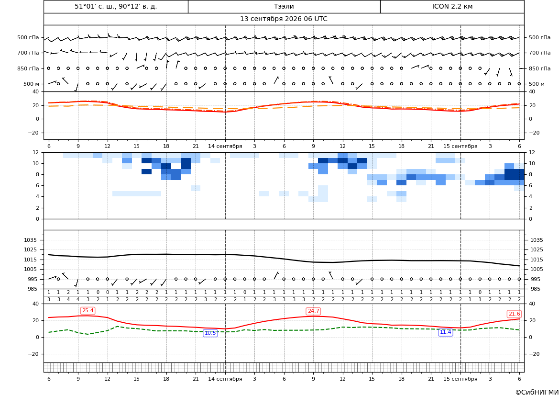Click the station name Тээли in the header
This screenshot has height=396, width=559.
(x=284, y=6)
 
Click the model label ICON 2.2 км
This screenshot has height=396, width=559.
(x=452, y=6)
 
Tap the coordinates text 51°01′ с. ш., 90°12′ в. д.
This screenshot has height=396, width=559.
(x=116, y=6)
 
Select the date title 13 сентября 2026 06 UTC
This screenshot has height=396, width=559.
(x=284, y=19)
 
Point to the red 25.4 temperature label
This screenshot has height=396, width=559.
(x=88, y=311)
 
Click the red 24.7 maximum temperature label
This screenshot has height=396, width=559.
(x=313, y=311)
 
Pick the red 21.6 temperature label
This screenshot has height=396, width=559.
(x=514, y=314)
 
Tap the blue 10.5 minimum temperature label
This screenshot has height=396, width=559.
(x=210, y=333)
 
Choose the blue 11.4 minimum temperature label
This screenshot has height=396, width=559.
(x=445, y=332)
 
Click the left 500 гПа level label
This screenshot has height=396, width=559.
(x=28, y=37)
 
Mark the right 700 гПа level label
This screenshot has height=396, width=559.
(x=539, y=53)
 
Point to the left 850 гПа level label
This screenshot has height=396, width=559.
(x=28, y=68)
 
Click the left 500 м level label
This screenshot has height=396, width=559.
(x=31, y=84)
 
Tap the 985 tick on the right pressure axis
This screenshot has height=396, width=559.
(x=535, y=289)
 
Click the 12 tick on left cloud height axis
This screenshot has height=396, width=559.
(x=36, y=152)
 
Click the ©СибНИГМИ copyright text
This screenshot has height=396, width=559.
(x=537, y=393)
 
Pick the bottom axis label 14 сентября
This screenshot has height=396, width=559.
(x=225, y=379)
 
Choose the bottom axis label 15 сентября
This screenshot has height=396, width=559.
(x=460, y=379)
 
